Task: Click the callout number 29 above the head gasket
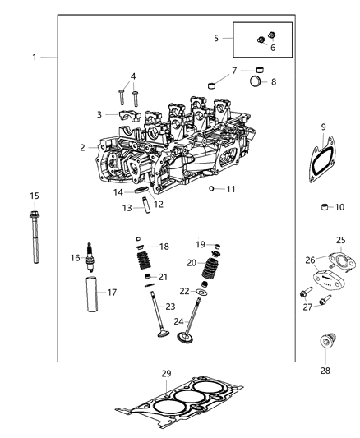pyautogui.click(x=166, y=374)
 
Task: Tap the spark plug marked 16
pyautogui.click(x=90, y=258)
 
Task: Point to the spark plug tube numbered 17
pyautogui.click(x=90, y=292)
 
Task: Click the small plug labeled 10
pyautogui.click(x=325, y=206)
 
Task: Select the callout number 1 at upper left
pyautogui.click(x=34, y=57)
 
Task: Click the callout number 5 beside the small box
pyautogui.click(x=216, y=37)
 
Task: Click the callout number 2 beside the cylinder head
pyautogui.click(x=82, y=147)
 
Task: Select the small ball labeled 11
pyautogui.click(x=211, y=189)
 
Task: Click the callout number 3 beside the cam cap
pyautogui.click(x=99, y=114)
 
